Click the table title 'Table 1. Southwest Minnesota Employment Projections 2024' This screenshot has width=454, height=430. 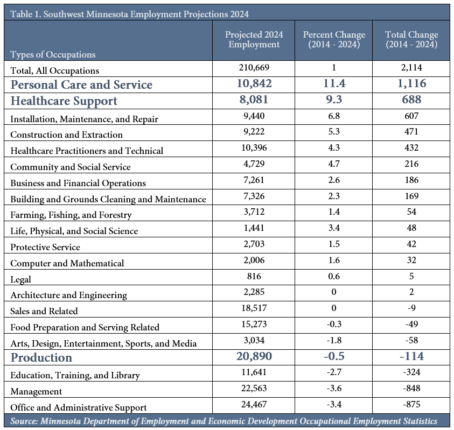click(x=129, y=14)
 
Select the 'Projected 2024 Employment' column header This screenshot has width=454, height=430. click(x=254, y=39)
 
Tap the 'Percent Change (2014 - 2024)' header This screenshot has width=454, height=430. click(x=334, y=39)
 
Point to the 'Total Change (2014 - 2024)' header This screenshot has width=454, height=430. click(x=411, y=39)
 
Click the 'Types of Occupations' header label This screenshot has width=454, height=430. click(x=53, y=54)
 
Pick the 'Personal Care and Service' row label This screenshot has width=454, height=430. click(x=81, y=84)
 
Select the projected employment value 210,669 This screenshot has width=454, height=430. click(x=254, y=67)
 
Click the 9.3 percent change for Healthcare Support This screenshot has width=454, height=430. click(x=334, y=100)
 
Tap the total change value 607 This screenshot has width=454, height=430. click(x=411, y=116)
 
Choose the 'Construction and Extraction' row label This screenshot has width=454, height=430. click(x=67, y=135)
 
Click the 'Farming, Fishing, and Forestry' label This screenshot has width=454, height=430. click(x=71, y=215)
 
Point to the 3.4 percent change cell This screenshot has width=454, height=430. click(x=334, y=228)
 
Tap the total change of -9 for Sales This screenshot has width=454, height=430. click(x=411, y=308)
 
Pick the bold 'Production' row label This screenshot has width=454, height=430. click(x=41, y=358)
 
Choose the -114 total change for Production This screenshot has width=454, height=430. click(x=411, y=356)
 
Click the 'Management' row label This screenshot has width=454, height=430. click(x=36, y=391)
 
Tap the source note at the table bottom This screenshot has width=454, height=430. click(x=224, y=421)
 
